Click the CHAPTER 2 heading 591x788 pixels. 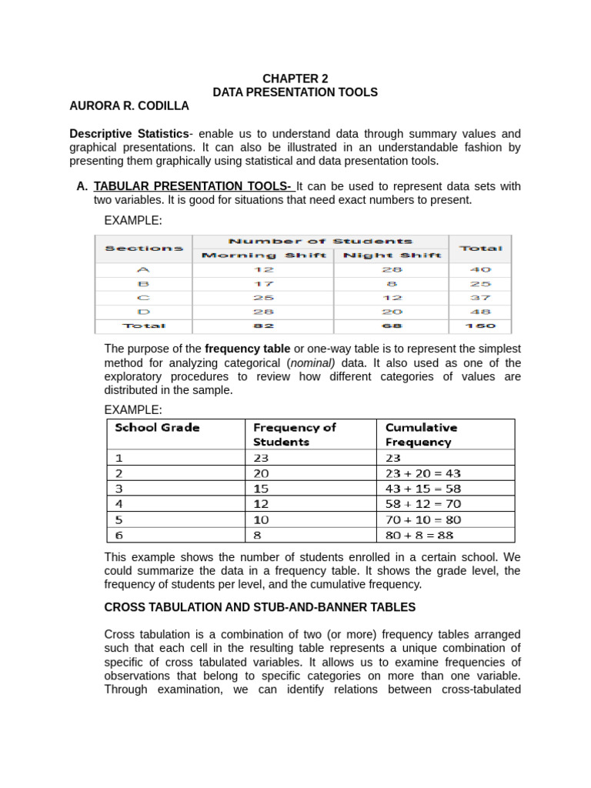pyautogui.click(x=295, y=78)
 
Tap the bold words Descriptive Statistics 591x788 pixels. pyautogui.click(x=129, y=133)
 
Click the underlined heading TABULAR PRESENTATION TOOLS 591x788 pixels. pyautogui.click(x=192, y=186)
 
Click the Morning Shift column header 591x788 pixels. pyautogui.click(x=263, y=255)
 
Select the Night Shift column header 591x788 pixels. pyautogui.click(x=392, y=255)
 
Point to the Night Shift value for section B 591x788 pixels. pyautogui.click(x=392, y=284)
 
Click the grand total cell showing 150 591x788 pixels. pyautogui.click(x=479, y=326)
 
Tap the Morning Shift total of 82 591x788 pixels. pyautogui.click(x=263, y=326)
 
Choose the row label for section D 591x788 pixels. pyautogui.click(x=143, y=312)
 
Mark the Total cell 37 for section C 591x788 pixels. pyautogui.click(x=479, y=298)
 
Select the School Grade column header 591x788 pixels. pyautogui.click(x=157, y=428)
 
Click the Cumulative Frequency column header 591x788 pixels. pyautogui.click(x=421, y=435)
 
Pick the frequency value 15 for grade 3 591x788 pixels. pyautogui.click(x=261, y=489)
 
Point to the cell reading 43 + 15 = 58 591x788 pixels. pyautogui.click(x=422, y=489)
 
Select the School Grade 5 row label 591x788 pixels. pyautogui.click(x=119, y=519)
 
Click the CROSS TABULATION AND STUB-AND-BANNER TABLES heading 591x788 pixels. pyautogui.click(x=259, y=607)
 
